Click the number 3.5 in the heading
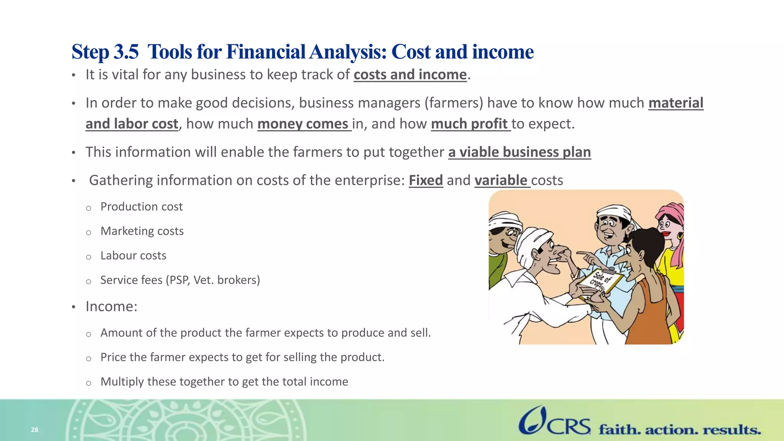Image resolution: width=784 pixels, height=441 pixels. click(126, 52)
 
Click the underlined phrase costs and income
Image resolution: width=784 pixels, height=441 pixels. click(410, 75)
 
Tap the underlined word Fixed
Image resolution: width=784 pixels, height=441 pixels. click(426, 180)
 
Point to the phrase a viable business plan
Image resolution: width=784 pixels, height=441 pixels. click(519, 152)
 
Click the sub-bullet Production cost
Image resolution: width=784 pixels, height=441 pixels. click(141, 207)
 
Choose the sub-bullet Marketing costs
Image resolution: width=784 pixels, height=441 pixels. click(142, 231)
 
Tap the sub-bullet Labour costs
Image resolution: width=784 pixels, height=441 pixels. click(133, 256)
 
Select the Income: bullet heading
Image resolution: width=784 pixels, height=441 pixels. click(111, 307)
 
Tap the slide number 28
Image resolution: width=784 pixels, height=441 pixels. click(34, 430)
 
